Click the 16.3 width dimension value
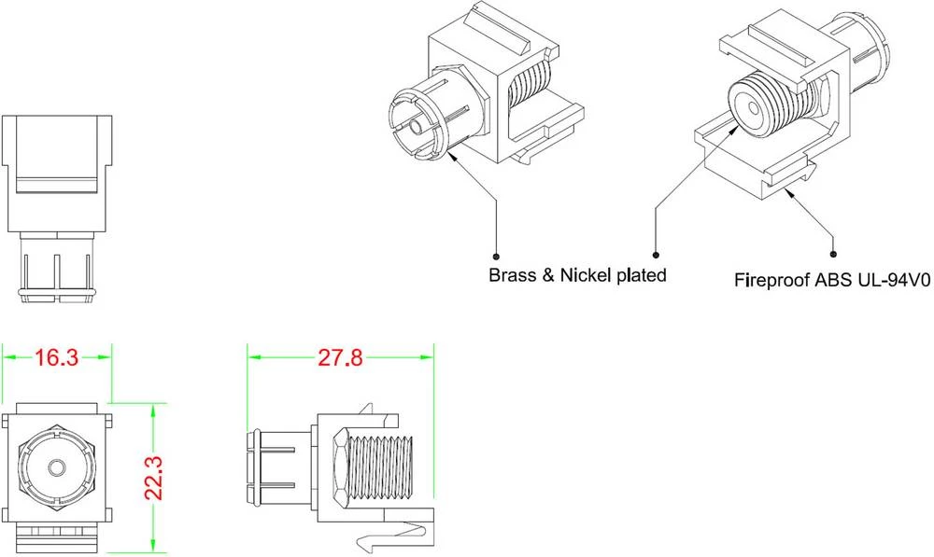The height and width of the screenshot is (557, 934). (56, 358)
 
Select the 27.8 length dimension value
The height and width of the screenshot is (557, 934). (340, 358)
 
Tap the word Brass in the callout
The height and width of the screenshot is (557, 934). (513, 275)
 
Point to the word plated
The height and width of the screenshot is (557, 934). (640, 275)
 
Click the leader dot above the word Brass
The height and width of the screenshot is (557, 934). (494, 254)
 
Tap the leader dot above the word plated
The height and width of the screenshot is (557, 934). (656, 254)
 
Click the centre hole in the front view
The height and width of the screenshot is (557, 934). (56, 466)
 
